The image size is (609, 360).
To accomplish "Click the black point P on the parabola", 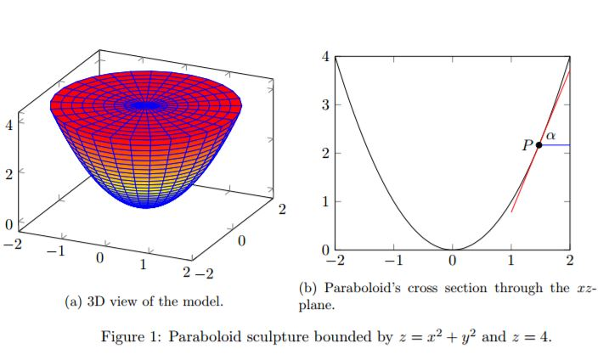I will (x=539, y=146).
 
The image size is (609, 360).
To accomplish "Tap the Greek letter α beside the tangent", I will (x=550, y=135).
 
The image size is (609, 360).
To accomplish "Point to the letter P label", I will (x=527, y=145).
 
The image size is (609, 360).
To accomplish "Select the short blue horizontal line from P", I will (x=555, y=146).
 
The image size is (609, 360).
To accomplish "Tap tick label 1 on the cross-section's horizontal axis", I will (x=511, y=261).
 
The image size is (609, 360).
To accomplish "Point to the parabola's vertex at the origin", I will (x=452, y=250).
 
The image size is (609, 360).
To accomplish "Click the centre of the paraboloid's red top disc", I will (x=147, y=105).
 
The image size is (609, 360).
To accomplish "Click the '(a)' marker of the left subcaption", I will (x=75, y=301).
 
